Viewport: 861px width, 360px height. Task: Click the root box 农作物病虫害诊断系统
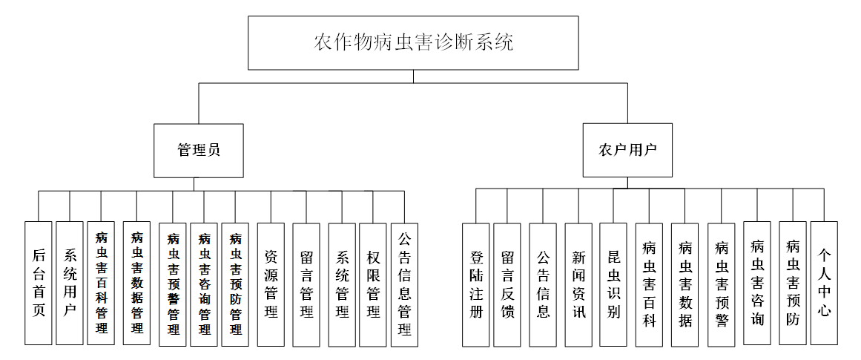[x=414, y=42]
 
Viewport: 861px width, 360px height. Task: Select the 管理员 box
[x=199, y=150]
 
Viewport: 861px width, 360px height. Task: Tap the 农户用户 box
[x=627, y=150]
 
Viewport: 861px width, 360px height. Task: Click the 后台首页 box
[x=39, y=283]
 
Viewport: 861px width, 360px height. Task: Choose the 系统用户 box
[x=70, y=283]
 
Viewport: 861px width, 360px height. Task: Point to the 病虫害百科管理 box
[x=101, y=283]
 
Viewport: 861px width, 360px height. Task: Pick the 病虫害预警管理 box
[x=173, y=284]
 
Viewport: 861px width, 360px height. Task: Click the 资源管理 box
[x=271, y=284]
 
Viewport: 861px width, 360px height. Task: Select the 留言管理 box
[x=306, y=284]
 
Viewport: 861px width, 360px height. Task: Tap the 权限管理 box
[x=373, y=284]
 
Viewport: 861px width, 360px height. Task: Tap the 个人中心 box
[x=824, y=283]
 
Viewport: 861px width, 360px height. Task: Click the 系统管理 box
[x=342, y=284]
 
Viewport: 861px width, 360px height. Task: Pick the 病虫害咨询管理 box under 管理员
[x=204, y=284]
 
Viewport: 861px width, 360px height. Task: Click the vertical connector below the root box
[x=414, y=76]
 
